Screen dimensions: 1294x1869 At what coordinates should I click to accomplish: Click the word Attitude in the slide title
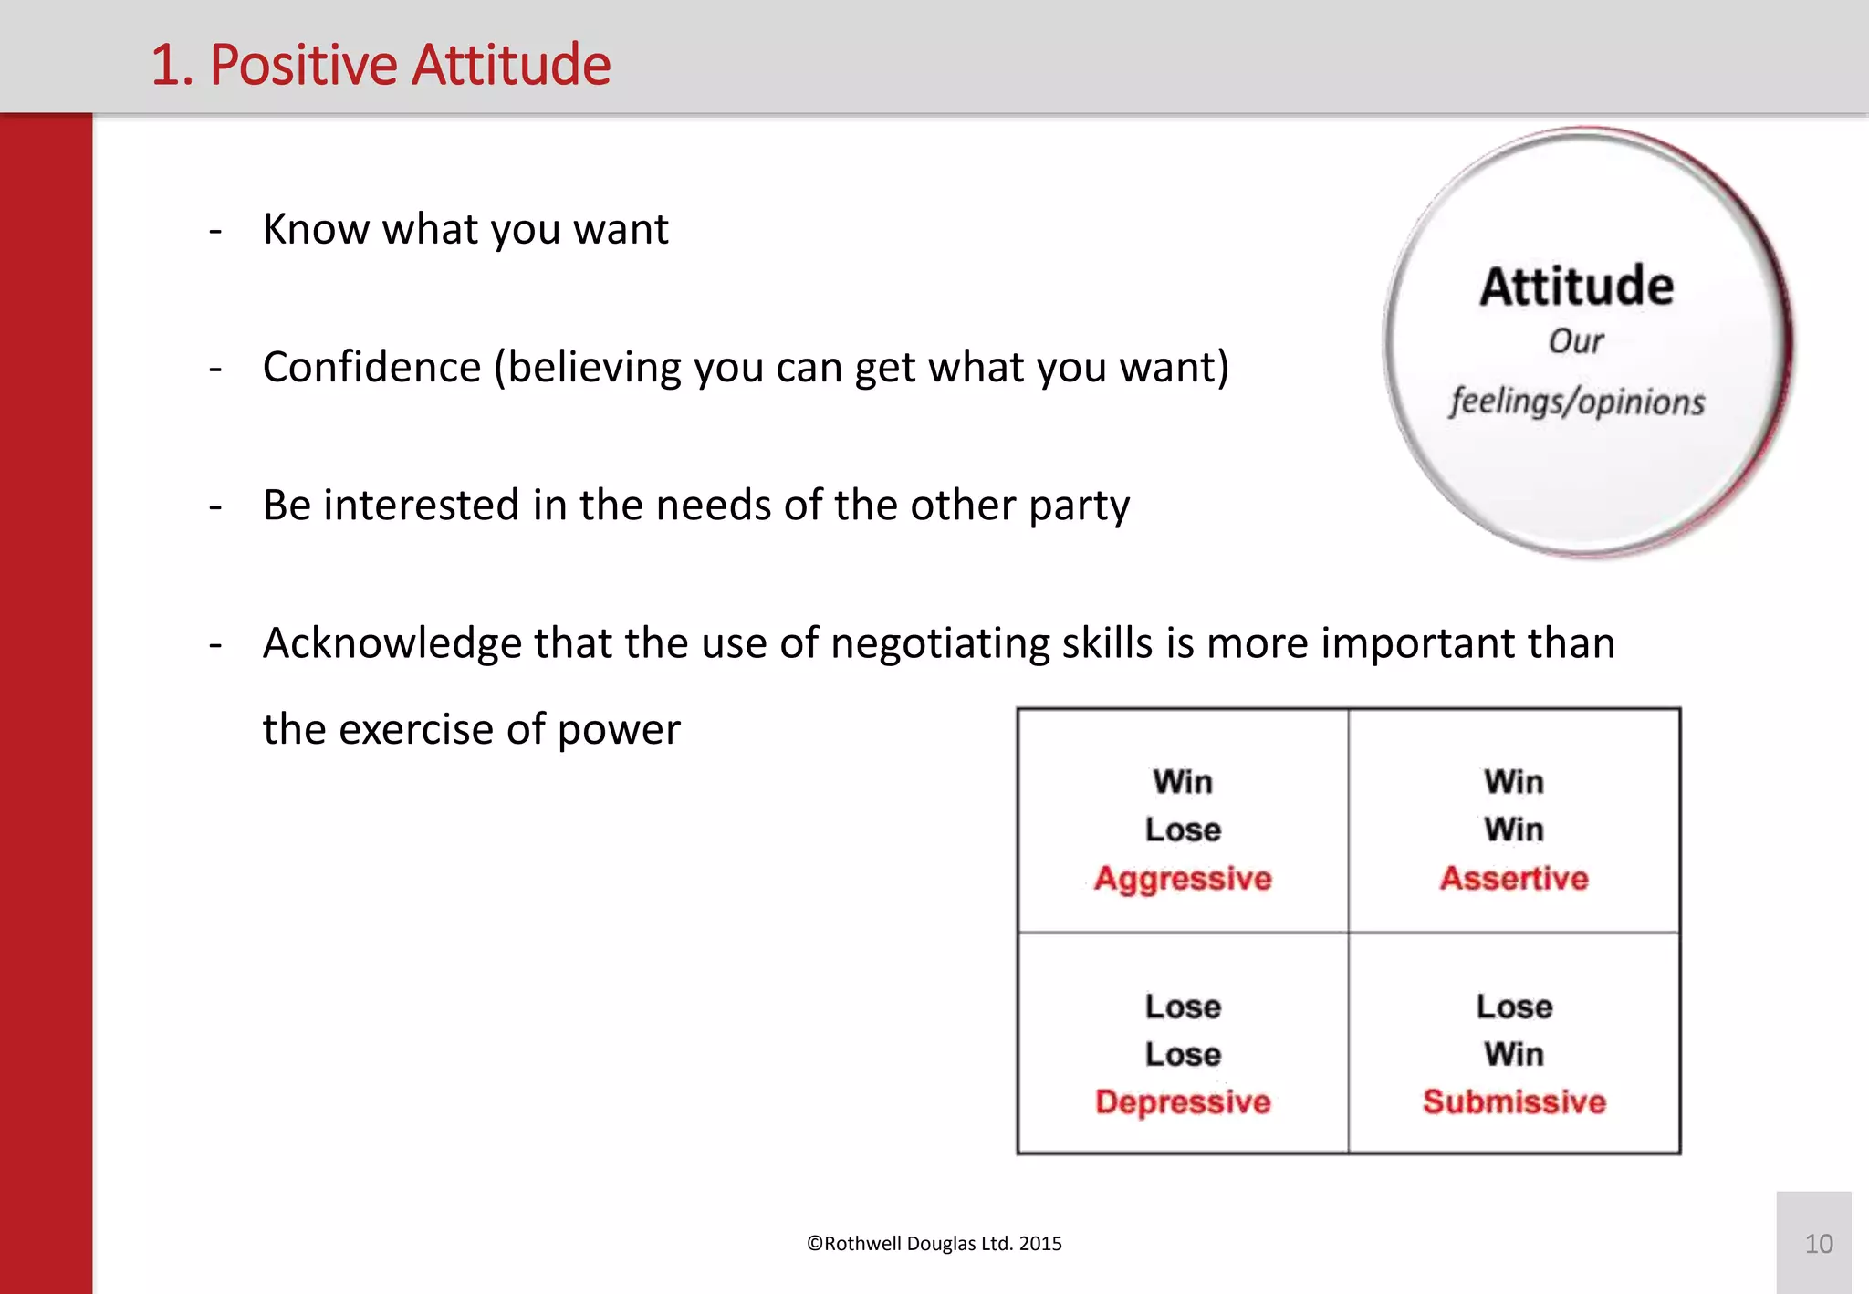click(512, 65)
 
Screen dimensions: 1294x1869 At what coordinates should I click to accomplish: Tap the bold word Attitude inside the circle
click(1576, 287)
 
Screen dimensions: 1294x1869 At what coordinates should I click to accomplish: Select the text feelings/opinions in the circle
click(1576, 402)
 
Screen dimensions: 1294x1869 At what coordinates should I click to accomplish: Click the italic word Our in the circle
click(1575, 341)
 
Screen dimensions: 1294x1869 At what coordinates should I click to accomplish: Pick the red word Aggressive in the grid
click(1183, 878)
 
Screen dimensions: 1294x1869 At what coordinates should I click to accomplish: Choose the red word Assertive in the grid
click(1514, 878)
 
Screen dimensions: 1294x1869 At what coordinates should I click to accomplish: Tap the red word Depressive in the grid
click(1183, 1101)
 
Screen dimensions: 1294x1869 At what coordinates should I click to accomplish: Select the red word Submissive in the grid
click(1514, 1101)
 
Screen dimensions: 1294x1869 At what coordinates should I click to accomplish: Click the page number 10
click(1818, 1244)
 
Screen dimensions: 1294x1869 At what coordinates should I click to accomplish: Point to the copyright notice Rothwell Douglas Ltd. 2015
click(934, 1244)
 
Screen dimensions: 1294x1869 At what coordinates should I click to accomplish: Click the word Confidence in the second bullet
click(371, 367)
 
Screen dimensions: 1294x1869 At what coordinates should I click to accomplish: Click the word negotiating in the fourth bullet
click(939, 643)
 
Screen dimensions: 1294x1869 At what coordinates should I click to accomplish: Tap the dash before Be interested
click(215, 506)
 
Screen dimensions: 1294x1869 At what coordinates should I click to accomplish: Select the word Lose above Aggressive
click(1183, 830)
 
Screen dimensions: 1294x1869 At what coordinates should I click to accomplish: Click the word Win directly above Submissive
click(1514, 1054)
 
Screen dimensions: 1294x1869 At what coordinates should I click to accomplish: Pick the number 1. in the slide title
click(172, 65)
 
